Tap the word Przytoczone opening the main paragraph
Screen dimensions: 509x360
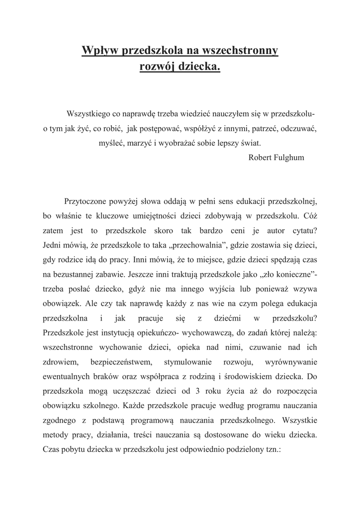point(88,202)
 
